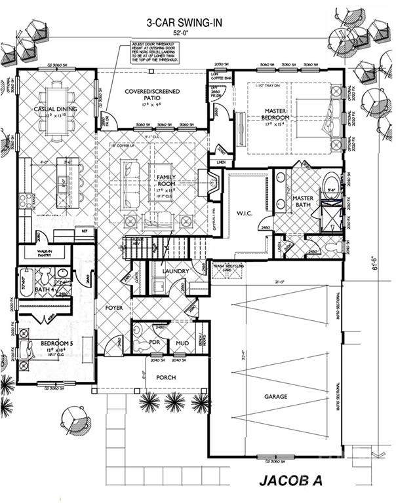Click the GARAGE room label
click(275, 397)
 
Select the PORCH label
click(165, 378)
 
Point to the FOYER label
click(114, 307)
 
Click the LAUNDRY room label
click(176, 271)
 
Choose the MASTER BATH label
click(303, 202)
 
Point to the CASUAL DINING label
click(56, 109)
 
